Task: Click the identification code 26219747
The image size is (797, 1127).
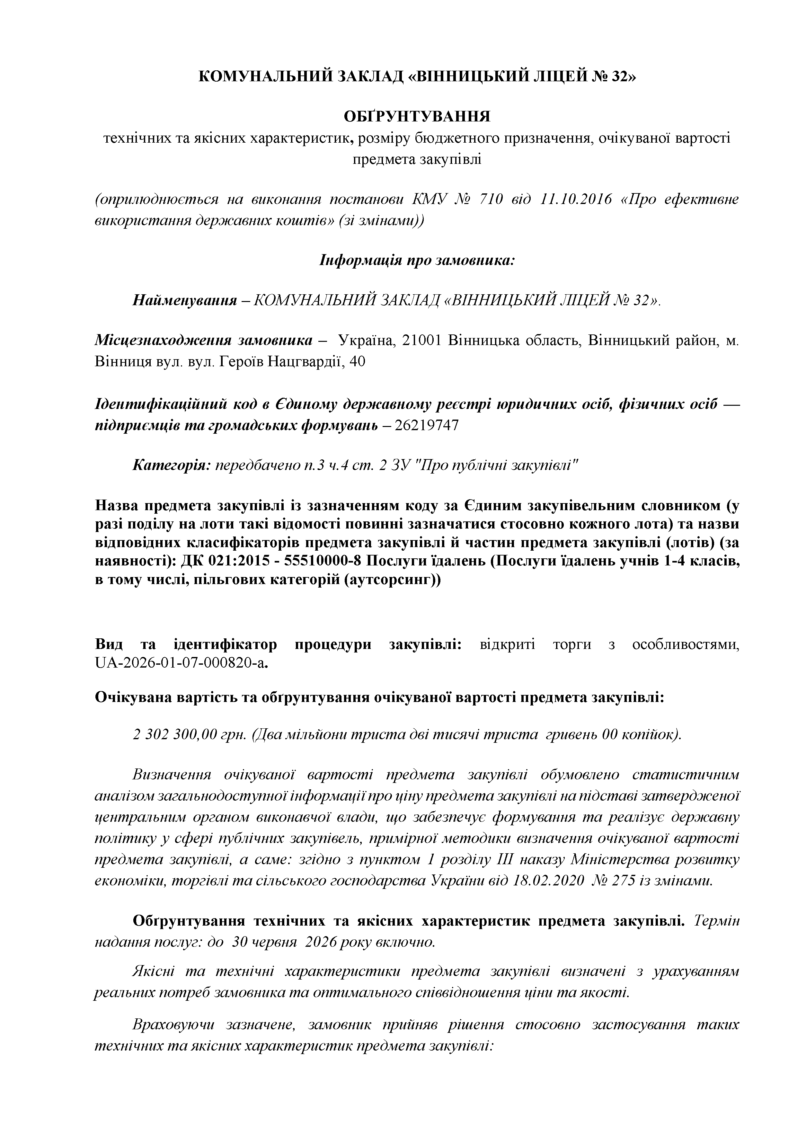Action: coord(427,425)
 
